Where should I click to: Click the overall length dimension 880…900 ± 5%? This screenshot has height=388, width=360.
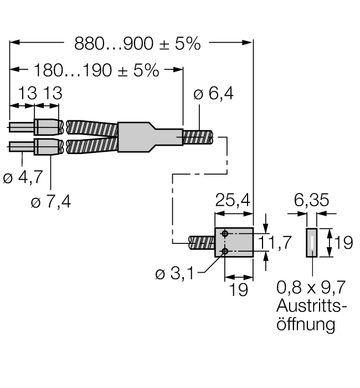coord(137,44)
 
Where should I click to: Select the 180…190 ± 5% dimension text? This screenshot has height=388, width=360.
coord(96,70)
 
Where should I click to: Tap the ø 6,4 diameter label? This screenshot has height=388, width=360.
coord(213,94)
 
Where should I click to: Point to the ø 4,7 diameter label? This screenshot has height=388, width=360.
coord(23,177)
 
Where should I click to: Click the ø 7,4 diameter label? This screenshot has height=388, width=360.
coord(51,201)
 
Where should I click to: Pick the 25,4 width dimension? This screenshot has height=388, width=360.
coord(233,200)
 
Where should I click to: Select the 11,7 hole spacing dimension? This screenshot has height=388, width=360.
coord(275,242)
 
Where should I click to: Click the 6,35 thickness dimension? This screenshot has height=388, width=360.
coord(311,200)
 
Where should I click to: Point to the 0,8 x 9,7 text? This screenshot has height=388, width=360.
coord(311,287)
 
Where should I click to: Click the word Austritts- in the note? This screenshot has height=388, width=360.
coord(311,306)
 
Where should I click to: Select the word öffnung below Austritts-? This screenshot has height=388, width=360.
coord(306,324)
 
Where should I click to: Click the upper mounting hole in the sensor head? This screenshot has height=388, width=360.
coord(225,233)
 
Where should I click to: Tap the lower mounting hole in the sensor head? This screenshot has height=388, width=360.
coord(225,252)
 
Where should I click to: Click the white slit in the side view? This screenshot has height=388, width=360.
coord(312,243)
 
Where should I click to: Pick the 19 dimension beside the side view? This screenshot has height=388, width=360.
coord(343,243)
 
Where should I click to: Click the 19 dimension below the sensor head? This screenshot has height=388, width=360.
coord(239,289)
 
